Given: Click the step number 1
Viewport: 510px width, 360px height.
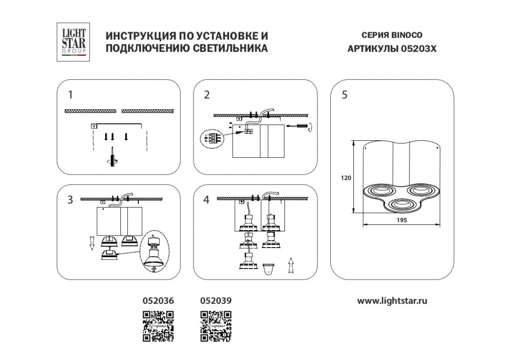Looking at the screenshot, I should pyautogui.click(x=70, y=95).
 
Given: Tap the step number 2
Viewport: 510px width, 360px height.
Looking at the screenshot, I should pyautogui.click(x=207, y=95).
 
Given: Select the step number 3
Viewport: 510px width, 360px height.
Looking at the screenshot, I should pyautogui.click(x=70, y=200).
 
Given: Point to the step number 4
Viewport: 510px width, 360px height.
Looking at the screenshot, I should pyautogui.click(x=207, y=200).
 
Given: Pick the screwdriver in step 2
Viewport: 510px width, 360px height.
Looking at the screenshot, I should pyautogui.click(x=298, y=126).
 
